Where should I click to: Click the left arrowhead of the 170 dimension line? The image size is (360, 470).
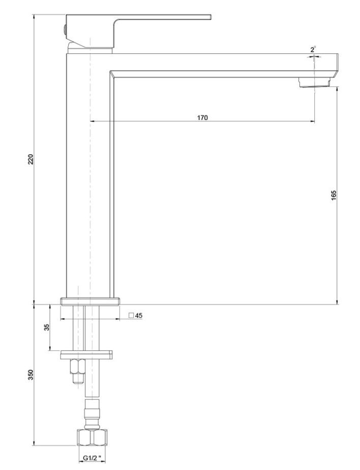tap(92, 121)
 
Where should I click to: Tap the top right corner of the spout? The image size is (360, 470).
tap(338, 54)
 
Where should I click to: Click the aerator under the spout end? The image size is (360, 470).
tap(315, 82)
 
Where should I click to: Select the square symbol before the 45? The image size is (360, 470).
tap(131, 315)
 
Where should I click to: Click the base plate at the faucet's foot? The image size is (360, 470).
tap(90, 301)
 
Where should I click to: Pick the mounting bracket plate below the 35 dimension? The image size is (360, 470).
tap(86, 355)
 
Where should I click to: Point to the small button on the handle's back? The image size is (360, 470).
tap(65, 30)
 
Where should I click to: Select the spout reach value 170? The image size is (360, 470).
tap(202, 118)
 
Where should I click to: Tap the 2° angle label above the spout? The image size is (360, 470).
tap(313, 49)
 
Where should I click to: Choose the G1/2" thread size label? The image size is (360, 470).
tap(92, 458)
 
